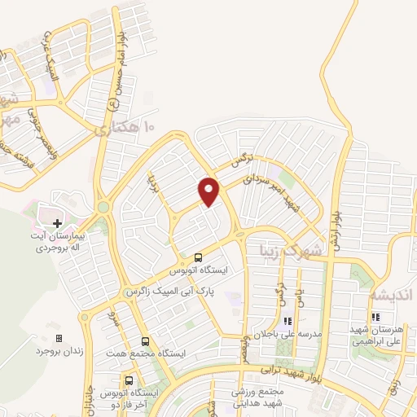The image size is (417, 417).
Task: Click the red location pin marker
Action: [x=210, y=190]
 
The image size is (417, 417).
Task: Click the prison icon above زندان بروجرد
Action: [x=58, y=337]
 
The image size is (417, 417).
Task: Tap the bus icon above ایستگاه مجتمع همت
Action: [x=145, y=342]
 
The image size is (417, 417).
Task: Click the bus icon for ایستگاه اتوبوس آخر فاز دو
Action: [x=129, y=380]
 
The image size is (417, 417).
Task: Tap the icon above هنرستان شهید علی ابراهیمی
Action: [x=375, y=318]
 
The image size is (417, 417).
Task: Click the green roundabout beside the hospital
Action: [x=103, y=208]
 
